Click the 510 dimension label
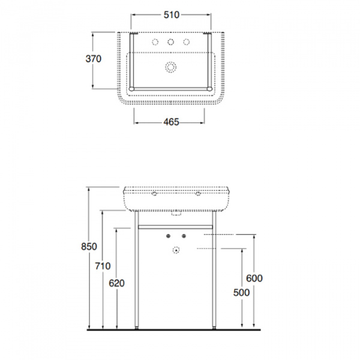click(x=171, y=15)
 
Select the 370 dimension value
click(x=93, y=59)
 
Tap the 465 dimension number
click(x=171, y=122)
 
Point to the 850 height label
click(x=89, y=247)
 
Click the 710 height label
click(x=103, y=266)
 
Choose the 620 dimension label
click(x=116, y=283)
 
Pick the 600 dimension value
click(x=254, y=278)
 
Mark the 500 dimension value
click(x=242, y=293)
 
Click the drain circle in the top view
click(x=170, y=67)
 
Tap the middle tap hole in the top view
click(x=170, y=42)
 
